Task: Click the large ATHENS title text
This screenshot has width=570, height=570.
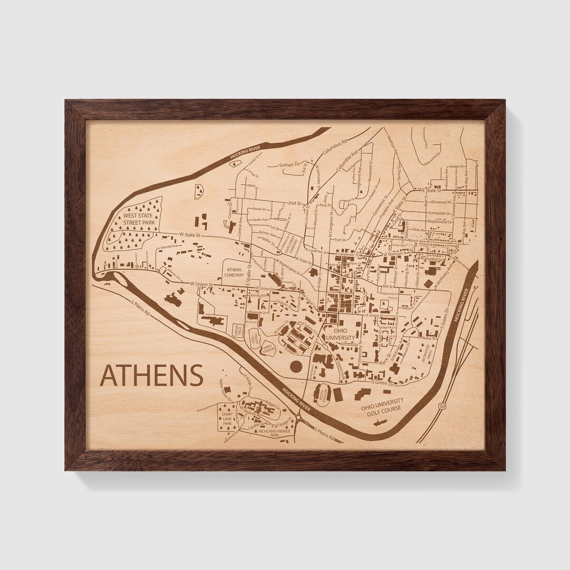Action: (151, 375)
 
